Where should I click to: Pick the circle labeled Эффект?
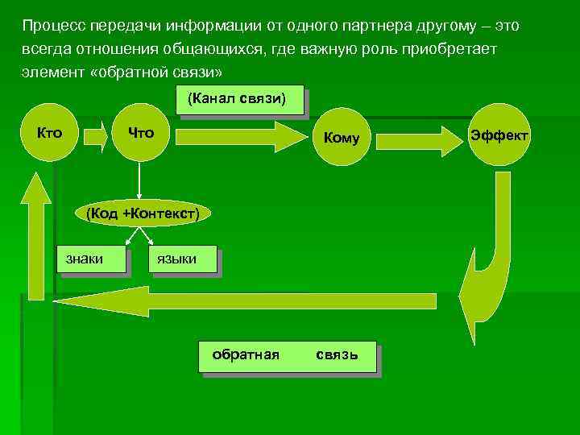pos(499,135)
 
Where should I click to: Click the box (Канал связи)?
pos(240,101)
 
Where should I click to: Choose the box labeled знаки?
pos(93,259)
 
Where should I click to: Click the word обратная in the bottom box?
pos(245,354)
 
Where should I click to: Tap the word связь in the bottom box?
pos(336,354)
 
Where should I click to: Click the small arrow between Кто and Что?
pos(95,136)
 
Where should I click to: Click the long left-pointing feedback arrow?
pos(242,301)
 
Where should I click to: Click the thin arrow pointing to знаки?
pos(130,235)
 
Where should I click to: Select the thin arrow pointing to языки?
pos(151,235)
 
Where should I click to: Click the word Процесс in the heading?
pos(51,26)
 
